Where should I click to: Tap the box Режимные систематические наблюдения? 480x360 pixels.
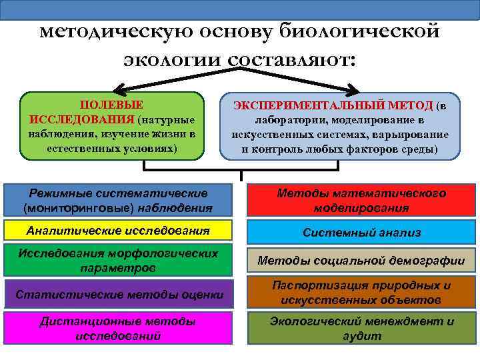pos(119,200)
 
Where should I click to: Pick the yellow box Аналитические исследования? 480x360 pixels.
pos(119,231)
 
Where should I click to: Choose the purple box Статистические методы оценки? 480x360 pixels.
pos(119,294)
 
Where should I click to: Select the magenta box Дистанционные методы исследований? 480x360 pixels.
pos(119,328)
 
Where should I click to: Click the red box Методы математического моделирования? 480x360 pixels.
pos(361,200)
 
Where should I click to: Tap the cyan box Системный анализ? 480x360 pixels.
pos(361,232)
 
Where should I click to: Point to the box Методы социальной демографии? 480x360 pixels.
pos(361,261)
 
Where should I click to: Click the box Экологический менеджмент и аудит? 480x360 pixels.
pos(361,328)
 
